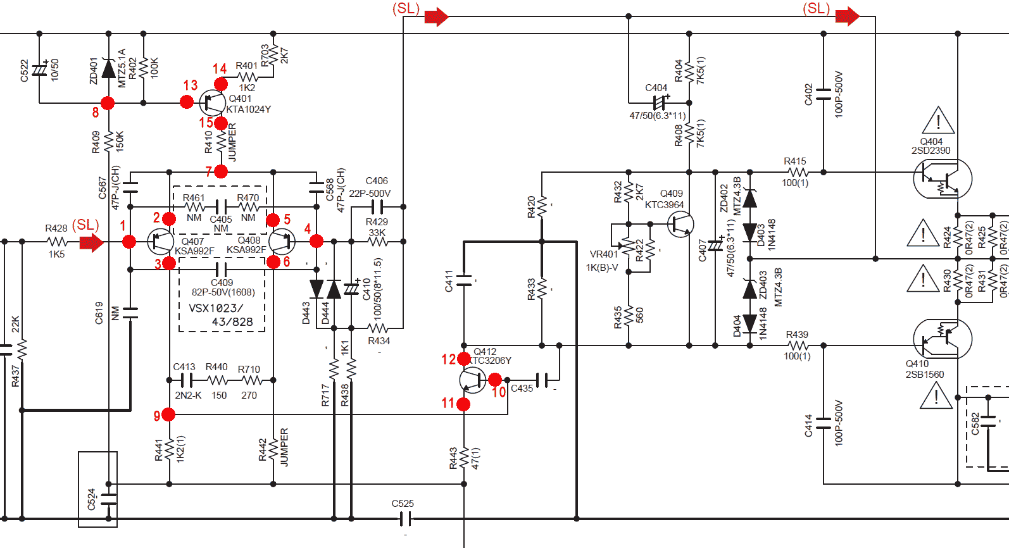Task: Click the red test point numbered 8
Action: (108, 103)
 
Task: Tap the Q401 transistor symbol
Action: (213, 102)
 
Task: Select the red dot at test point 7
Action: (221, 171)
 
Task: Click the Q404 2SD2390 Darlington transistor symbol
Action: (942, 179)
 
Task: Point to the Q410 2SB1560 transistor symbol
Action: (942, 339)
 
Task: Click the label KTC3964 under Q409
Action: (664, 205)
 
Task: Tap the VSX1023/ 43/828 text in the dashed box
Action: (221, 315)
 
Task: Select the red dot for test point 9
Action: (168, 414)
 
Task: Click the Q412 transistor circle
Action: (472, 380)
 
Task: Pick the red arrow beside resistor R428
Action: (92, 242)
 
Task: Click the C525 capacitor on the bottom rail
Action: (406, 519)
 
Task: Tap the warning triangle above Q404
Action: (939, 121)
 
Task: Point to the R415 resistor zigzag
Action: (799, 172)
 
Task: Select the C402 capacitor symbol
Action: (824, 94)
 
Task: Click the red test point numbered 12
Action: (464, 359)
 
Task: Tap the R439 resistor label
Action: (797, 334)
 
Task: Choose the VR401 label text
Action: (604, 254)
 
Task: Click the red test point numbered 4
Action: (316, 240)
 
